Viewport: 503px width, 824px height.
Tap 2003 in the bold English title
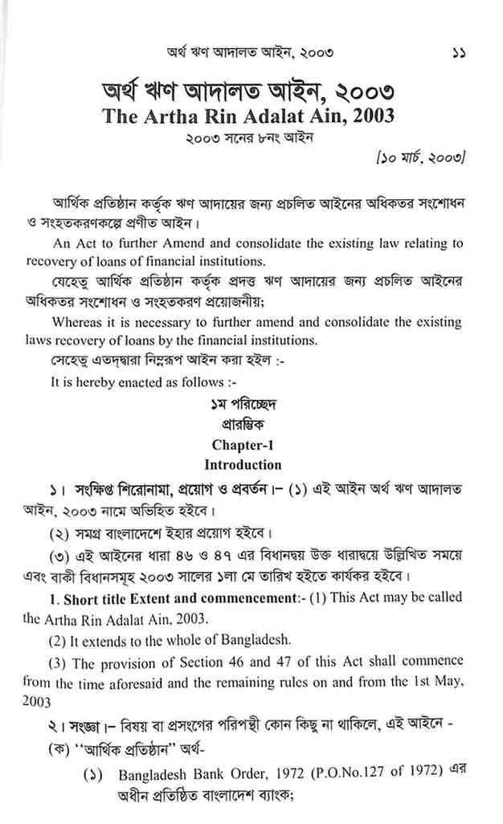(x=372, y=116)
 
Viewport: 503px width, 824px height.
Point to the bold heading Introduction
(x=243, y=464)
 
